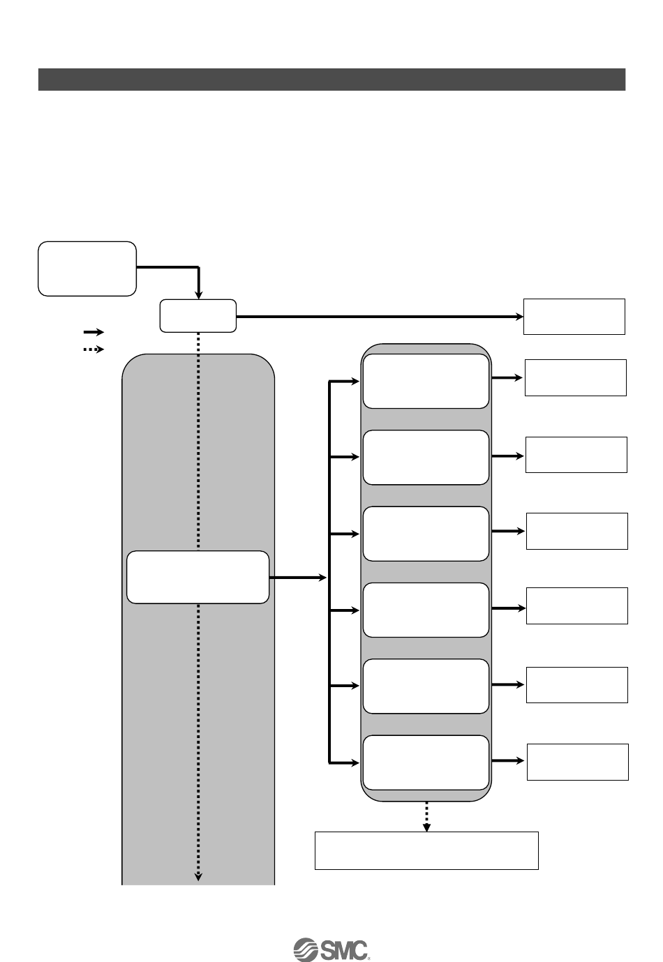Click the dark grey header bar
pos(331,80)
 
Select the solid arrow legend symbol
pos(94,332)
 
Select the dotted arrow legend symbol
pos(94,349)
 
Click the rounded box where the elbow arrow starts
pos(87,269)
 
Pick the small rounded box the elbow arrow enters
pos(198,316)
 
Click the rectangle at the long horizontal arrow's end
pos(574,316)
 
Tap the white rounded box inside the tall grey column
pos(198,577)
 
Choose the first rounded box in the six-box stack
pos(426,381)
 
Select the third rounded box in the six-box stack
pos(426,534)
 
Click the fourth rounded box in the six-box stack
pos(426,610)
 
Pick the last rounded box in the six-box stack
pos(426,762)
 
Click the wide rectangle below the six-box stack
pos(426,850)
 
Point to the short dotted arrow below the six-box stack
pos(426,816)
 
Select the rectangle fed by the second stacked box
pos(576,455)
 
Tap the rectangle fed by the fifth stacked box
pos(576,684)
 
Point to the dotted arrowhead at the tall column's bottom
pos(198,876)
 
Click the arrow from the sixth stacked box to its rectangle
pos(508,760)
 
